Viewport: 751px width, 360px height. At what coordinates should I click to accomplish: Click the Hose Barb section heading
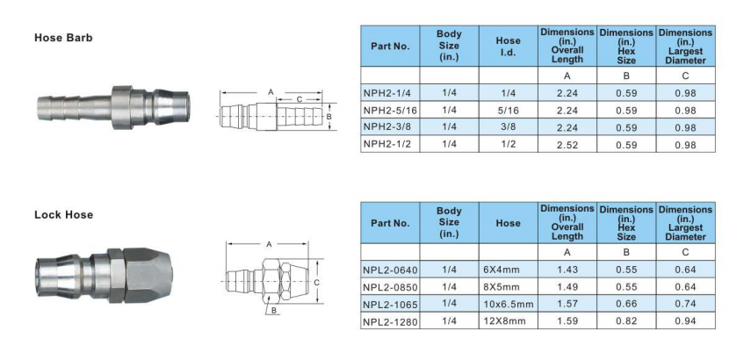click(x=63, y=38)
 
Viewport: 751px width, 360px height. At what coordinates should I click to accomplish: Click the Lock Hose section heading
click(x=64, y=214)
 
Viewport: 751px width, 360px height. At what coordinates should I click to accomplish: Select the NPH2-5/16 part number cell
click(x=390, y=111)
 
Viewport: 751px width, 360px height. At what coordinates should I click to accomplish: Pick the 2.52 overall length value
click(x=567, y=145)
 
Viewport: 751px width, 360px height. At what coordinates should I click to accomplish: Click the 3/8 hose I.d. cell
click(x=509, y=126)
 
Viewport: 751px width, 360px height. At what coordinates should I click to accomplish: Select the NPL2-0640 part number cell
click(x=390, y=270)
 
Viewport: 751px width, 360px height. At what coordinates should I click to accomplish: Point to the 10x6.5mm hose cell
click(x=509, y=304)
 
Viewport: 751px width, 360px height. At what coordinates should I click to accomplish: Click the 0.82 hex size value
click(x=626, y=320)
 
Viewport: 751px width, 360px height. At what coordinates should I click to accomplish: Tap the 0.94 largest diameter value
click(x=685, y=320)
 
